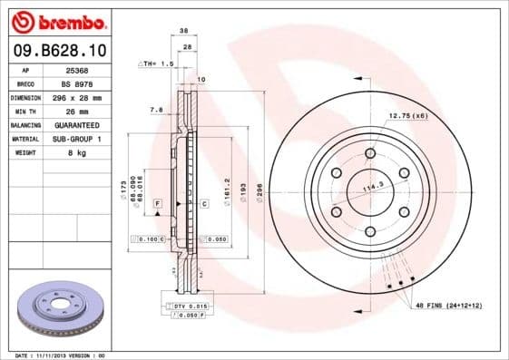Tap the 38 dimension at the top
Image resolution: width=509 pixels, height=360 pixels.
(x=183, y=30)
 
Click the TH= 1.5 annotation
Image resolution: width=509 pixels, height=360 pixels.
(x=155, y=64)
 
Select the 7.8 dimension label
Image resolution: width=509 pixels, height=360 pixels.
(x=155, y=110)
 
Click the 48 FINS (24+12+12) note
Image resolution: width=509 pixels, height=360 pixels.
(x=449, y=306)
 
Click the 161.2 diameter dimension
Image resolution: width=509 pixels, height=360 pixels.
(x=227, y=192)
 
